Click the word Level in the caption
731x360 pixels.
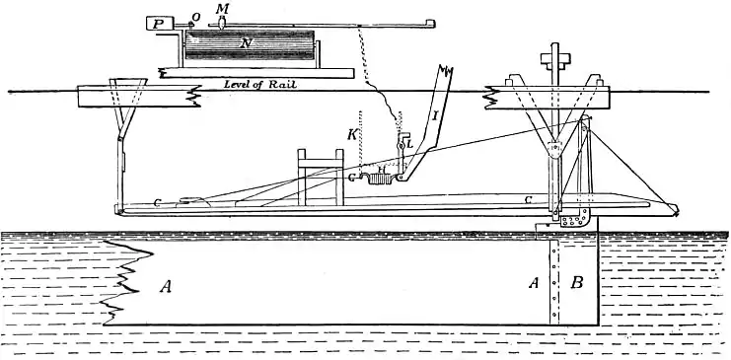tap(238, 85)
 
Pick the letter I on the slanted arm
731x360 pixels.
tap(434, 116)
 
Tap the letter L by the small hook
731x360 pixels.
tap(407, 144)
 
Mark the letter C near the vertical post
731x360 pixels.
tap(529, 200)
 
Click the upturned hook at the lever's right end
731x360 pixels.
tap(428, 21)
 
